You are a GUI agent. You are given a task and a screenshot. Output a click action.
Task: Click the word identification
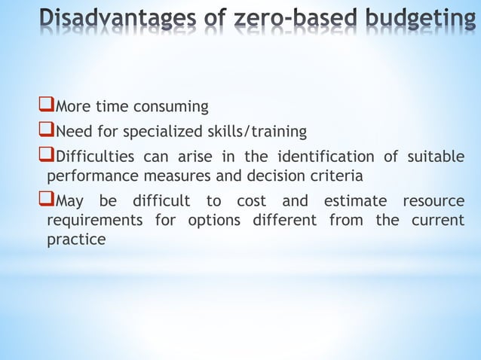coord(326,157)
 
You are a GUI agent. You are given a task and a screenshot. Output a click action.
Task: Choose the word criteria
coord(337,176)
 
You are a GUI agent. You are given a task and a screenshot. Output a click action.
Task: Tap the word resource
coord(434,203)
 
